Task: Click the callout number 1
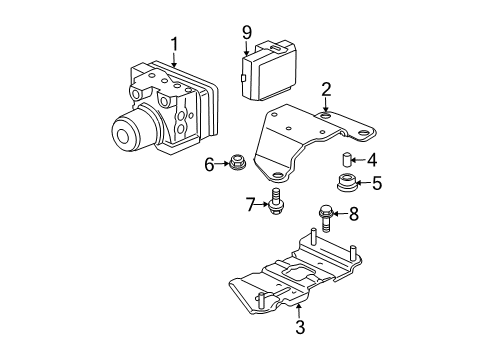tap(175, 49)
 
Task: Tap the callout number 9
tap(247, 33)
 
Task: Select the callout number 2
tap(326, 90)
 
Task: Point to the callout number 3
tap(300, 327)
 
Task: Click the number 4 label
tap(372, 160)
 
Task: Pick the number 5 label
tap(377, 183)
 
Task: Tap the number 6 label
tap(209, 165)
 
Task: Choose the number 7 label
tap(251, 205)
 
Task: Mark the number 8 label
tap(354, 214)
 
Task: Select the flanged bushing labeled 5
tap(346, 183)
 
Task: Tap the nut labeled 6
tap(237, 163)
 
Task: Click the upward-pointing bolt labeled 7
tap(275, 201)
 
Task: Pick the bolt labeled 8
tap(326, 218)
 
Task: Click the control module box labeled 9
tap(269, 70)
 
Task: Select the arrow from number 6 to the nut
tap(223, 164)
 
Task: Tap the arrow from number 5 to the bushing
tap(364, 183)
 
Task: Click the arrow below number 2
tap(325, 106)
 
